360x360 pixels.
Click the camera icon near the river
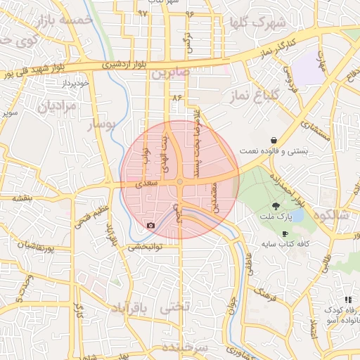click(x=151, y=225)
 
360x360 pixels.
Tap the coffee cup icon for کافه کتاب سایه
click(x=284, y=233)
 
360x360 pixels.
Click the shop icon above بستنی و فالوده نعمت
click(x=273, y=140)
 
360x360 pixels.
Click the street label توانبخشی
click(x=145, y=247)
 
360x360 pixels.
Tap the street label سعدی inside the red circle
click(x=142, y=184)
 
